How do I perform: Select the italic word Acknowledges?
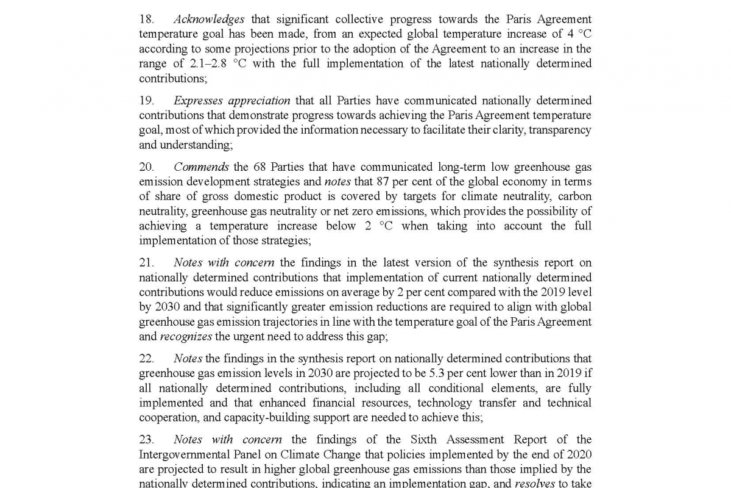[208, 20]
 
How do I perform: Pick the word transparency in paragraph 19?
[560, 130]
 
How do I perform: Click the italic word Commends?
[201, 167]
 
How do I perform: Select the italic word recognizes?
[186, 337]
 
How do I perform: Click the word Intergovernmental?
[185, 454]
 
